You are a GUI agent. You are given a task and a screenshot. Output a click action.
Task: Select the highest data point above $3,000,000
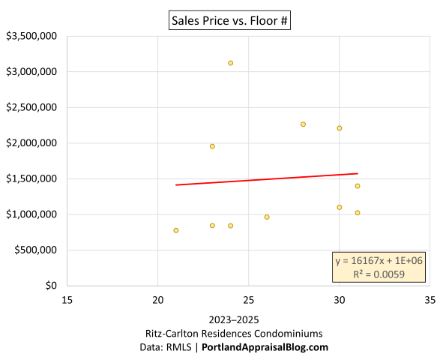(x=230, y=63)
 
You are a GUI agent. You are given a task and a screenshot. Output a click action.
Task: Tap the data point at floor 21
(x=176, y=230)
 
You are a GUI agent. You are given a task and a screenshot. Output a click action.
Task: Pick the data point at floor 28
(x=303, y=124)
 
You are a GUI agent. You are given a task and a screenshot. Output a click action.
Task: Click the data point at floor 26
(x=267, y=217)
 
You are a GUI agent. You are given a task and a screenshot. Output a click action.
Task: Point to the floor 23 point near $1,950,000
(x=212, y=146)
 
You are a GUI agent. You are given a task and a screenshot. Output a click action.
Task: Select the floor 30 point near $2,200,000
(x=339, y=128)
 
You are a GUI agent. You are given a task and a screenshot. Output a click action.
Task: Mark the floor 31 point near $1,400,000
(x=358, y=186)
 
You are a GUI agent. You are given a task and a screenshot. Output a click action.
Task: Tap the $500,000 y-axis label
(x=35, y=250)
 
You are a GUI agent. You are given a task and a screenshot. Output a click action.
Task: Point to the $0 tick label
(x=50, y=286)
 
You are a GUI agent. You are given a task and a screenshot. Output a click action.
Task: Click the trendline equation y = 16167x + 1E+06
(x=379, y=260)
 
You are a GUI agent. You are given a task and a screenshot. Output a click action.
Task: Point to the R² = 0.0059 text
(x=379, y=274)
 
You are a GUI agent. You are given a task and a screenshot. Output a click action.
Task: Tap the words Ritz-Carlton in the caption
(x=173, y=333)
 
